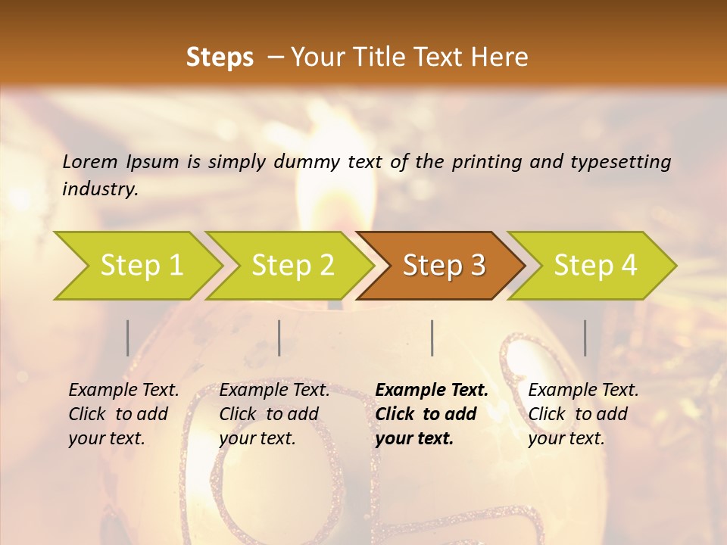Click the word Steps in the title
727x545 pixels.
coord(220,58)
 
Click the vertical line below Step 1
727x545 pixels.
coord(127,338)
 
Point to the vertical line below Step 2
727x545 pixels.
coord(279,338)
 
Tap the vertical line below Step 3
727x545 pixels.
coord(432,338)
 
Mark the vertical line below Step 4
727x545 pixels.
coord(585,338)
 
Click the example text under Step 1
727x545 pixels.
coord(123,414)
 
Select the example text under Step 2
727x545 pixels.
coord(274,414)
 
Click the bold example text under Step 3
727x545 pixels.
coord(432,414)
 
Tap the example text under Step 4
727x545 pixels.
coord(583,414)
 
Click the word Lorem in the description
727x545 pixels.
coord(90,162)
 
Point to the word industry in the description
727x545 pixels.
coord(100,189)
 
